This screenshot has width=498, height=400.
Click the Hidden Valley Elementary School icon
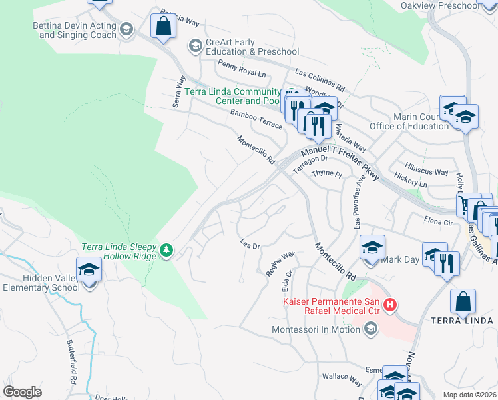[88, 270]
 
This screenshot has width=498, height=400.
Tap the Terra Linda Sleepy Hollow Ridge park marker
[166, 251]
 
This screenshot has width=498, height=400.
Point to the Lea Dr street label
[249, 245]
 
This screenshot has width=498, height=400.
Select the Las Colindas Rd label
[320, 79]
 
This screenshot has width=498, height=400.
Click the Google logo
[22, 392]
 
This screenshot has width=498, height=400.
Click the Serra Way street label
[178, 91]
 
